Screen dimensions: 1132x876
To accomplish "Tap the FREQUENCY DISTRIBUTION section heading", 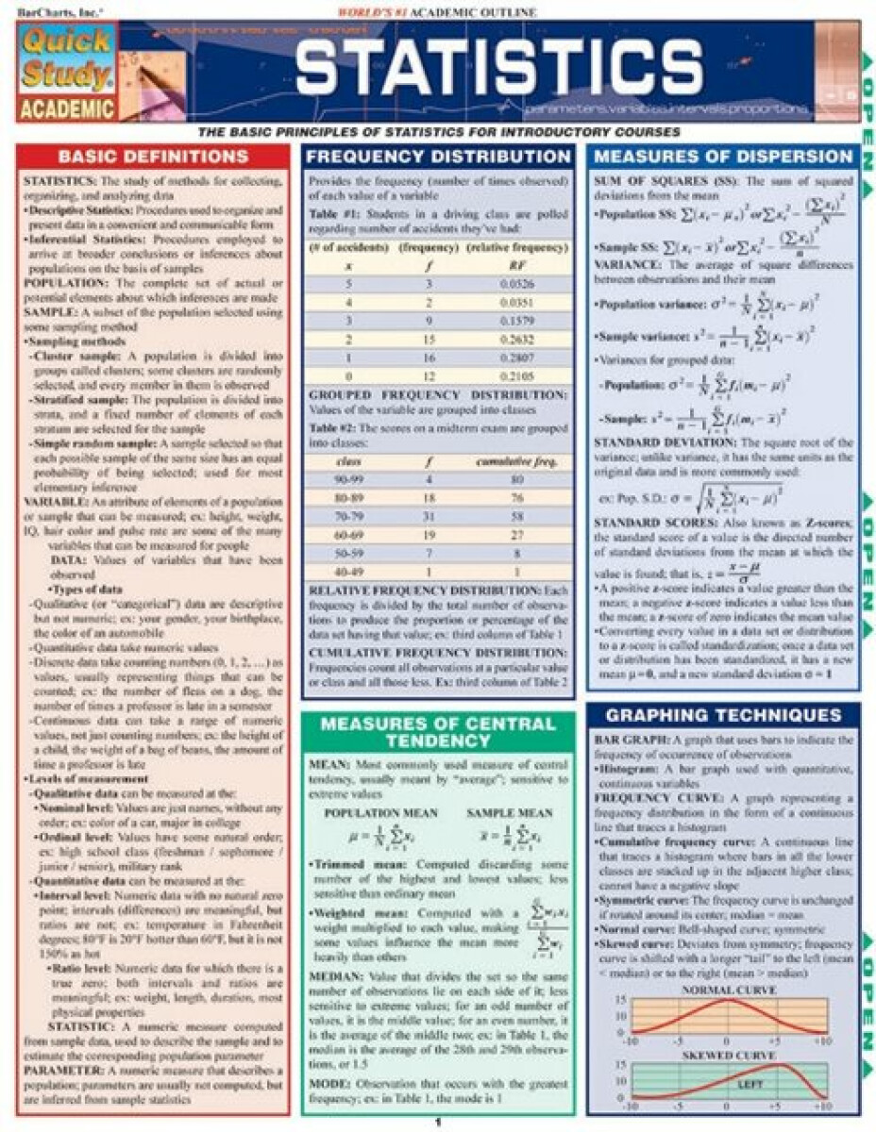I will pos(439,157).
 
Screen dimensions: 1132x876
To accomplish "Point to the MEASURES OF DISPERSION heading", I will pos(724,157).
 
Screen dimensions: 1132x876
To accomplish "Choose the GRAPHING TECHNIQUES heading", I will pos(724,714).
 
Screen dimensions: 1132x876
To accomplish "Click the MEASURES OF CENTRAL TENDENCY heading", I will pos(438,732).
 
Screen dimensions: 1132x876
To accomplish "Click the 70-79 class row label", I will pos(349,518).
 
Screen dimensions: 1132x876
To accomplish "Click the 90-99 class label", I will pos(349,479).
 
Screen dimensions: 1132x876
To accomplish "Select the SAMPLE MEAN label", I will pos(510,813).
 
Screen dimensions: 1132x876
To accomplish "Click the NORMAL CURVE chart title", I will pos(728,990).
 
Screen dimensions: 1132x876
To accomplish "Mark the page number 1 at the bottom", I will pos(438,1123).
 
